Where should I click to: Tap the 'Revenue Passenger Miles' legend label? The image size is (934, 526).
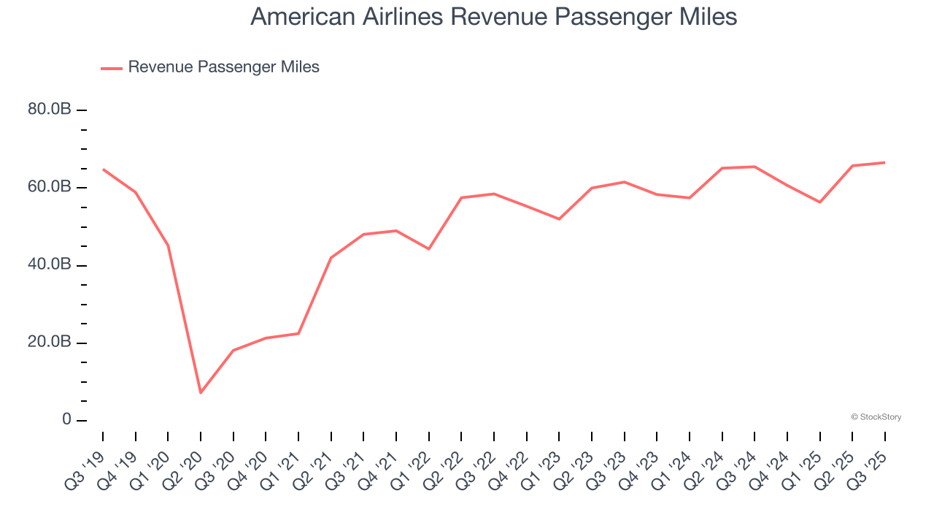pyautogui.click(x=223, y=67)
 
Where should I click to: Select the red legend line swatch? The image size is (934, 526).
pyautogui.click(x=112, y=68)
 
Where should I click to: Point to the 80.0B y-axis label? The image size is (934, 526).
pyautogui.click(x=50, y=110)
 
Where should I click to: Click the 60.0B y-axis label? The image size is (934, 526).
pyautogui.click(x=50, y=187)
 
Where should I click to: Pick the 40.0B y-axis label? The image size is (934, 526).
pyautogui.click(x=50, y=264)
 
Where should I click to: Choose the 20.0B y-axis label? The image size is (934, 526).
pyautogui.click(x=50, y=343)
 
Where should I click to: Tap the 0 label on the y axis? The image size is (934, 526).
pyautogui.click(x=66, y=420)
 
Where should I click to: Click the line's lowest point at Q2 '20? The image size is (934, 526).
pyautogui.click(x=201, y=393)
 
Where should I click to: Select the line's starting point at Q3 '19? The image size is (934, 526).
pyautogui.click(x=103, y=169)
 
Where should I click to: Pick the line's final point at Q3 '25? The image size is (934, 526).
pyautogui.click(x=885, y=162)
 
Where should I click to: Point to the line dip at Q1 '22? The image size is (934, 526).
pyautogui.click(x=429, y=249)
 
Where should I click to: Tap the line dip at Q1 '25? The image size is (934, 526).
pyautogui.click(x=820, y=202)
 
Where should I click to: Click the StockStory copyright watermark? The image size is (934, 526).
pyautogui.click(x=876, y=417)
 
